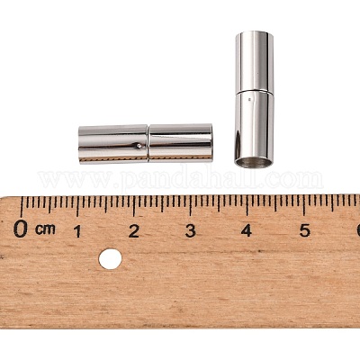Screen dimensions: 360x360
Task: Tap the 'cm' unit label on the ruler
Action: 45,229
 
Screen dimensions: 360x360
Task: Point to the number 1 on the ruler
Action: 77,231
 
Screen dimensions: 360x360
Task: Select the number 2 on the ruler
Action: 133,231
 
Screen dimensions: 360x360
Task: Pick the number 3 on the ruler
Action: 191,231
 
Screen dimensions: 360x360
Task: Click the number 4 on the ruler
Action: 247,231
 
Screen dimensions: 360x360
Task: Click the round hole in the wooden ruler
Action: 110,259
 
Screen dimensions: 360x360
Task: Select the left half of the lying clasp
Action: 112,143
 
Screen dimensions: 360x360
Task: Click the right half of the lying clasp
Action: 180,142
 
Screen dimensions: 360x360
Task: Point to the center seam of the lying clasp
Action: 148,143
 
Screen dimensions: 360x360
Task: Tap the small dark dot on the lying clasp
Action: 138,144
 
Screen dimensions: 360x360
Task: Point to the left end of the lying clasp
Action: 80,144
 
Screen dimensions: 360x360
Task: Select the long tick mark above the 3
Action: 191,205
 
